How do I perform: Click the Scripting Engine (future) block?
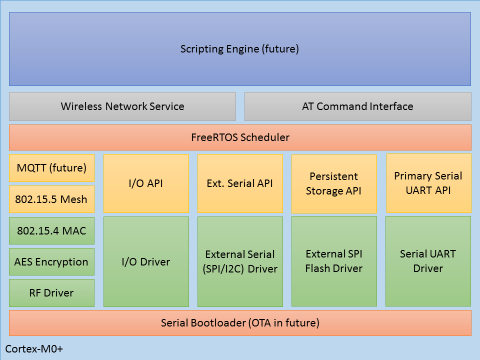(x=240, y=49)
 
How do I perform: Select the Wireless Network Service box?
(x=122, y=106)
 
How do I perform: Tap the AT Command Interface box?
(x=357, y=106)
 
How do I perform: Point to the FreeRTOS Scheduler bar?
(x=240, y=137)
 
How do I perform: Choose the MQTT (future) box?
(x=51, y=168)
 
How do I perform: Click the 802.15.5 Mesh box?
(x=51, y=199)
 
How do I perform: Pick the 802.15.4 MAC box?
(x=51, y=230)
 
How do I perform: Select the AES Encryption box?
(x=51, y=261)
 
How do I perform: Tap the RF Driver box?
(x=51, y=293)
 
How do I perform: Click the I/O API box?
(x=146, y=183)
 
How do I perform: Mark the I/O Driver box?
(x=146, y=261)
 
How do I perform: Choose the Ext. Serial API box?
(x=240, y=183)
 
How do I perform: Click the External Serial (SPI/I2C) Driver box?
(x=240, y=261)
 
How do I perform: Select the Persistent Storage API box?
(x=334, y=183)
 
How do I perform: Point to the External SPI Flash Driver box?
(x=334, y=261)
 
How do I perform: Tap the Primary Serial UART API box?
(x=428, y=183)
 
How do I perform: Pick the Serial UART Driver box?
(x=428, y=261)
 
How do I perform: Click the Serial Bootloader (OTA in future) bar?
(x=240, y=323)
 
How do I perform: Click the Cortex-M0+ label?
(x=34, y=348)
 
